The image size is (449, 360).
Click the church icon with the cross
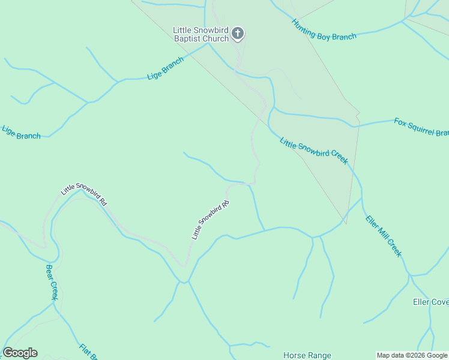pyautogui.click(x=238, y=34)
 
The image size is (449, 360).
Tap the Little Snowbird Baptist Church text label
pyautogui.click(x=201, y=34)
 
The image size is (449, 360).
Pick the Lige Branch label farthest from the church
pyautogui.click(x=21, y=133)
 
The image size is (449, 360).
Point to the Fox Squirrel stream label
pyautogui.click(x=421, y=127)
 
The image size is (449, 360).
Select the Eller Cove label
pyautogui.click(x=430, y=302)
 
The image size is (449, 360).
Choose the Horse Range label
pyautogui.click(x=307, y=356)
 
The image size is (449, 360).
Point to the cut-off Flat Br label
pyautogui.click(x=88, y=352)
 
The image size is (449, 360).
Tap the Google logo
pyautogui.click(x=20, y=353)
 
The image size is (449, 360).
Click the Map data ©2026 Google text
pyautogui.click(x=412, y=355)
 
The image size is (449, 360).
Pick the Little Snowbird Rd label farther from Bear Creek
pyautogui.click(x=211, y=220)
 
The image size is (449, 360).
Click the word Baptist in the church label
pyautogui.click(x=187, y=39)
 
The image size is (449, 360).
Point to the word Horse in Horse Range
pyautogui.click(x=295, y=356)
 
